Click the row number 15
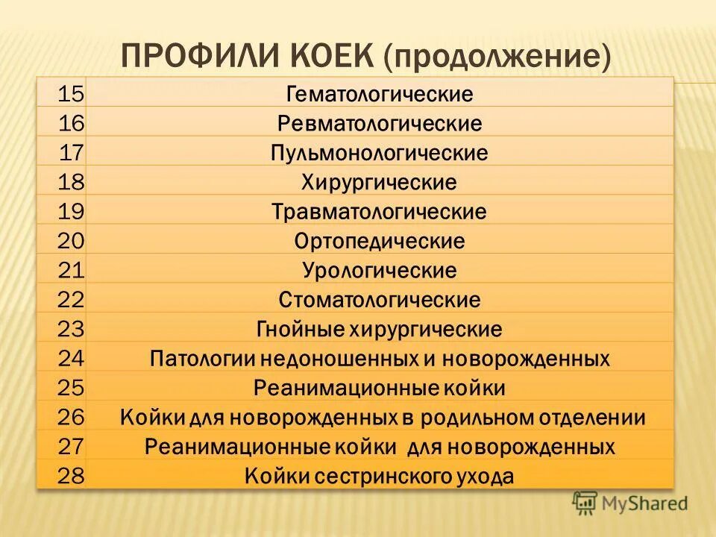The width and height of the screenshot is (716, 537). click(x=72, y=94)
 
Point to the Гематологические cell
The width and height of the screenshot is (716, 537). click(x=380, y=95)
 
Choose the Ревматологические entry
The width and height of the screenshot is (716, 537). click(x=380, y=124)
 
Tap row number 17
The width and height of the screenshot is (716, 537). click(x=72, y=153)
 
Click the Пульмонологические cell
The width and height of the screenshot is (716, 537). click(x=380, y=154)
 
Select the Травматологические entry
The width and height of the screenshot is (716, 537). click(x=380, y=212)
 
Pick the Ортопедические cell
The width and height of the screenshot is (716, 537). click(x=380, y=241)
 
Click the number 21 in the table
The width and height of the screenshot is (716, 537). click(x=72, y=270)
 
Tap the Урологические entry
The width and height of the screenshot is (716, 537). click(x=380, y=270)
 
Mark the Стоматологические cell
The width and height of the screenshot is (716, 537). click(x=380, y=300)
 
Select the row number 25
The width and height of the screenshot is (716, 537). click(x=72, y=388)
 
